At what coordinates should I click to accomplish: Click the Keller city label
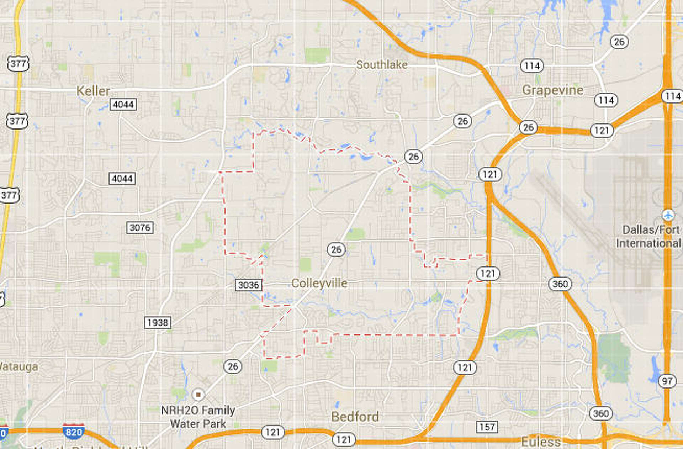pyautogui.click(x=93, y=91)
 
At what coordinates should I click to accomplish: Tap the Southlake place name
pyautogui.click(x=382, y=65)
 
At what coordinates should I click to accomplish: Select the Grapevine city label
pyautogui.click(x=552, y=90)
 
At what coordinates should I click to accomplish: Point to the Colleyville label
pyautogui.click(x=319, y=283)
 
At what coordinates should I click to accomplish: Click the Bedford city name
pyautogui.click(x=355, y=417)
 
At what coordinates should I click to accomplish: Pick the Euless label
pyautogui.click(x=541, y=442)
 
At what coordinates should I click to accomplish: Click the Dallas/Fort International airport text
pyautogui.click(x=649, y=237)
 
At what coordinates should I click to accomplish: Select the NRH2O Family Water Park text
pyautogui.click(x=198, y=417)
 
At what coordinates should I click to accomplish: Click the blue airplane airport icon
pyautogui.click(x=668, y=215)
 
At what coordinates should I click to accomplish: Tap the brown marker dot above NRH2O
pyautogui.click(x=198, y=394)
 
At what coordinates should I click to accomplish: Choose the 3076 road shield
pyautogui.click(x=140, y=227)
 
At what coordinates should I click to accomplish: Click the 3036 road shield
pyautogui.click(x=249, y=285)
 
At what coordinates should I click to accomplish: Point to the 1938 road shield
pyautogui.click(x=158, y=323)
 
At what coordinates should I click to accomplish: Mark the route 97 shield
pyautogui.click(x=667, y=381)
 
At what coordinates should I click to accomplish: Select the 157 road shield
pyautogui.click(x=487, y=427)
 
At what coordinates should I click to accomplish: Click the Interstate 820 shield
pyautogui.click(x=74, y=432)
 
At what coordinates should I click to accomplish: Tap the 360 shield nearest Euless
pyautogui.click(x=600, y=413)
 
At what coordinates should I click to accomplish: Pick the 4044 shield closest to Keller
pyautogui.click(x=123, y=105)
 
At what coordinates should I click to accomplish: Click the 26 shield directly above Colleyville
pyautogui.click(x=336, y=250)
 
